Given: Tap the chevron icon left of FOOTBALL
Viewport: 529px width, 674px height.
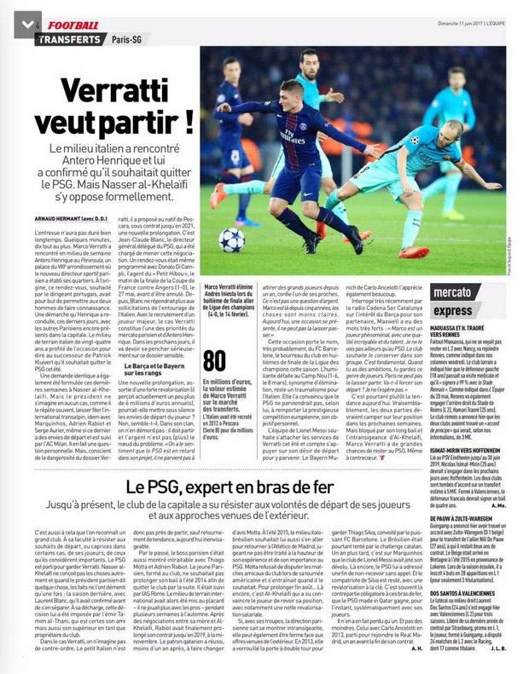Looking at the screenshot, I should point(30,26).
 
